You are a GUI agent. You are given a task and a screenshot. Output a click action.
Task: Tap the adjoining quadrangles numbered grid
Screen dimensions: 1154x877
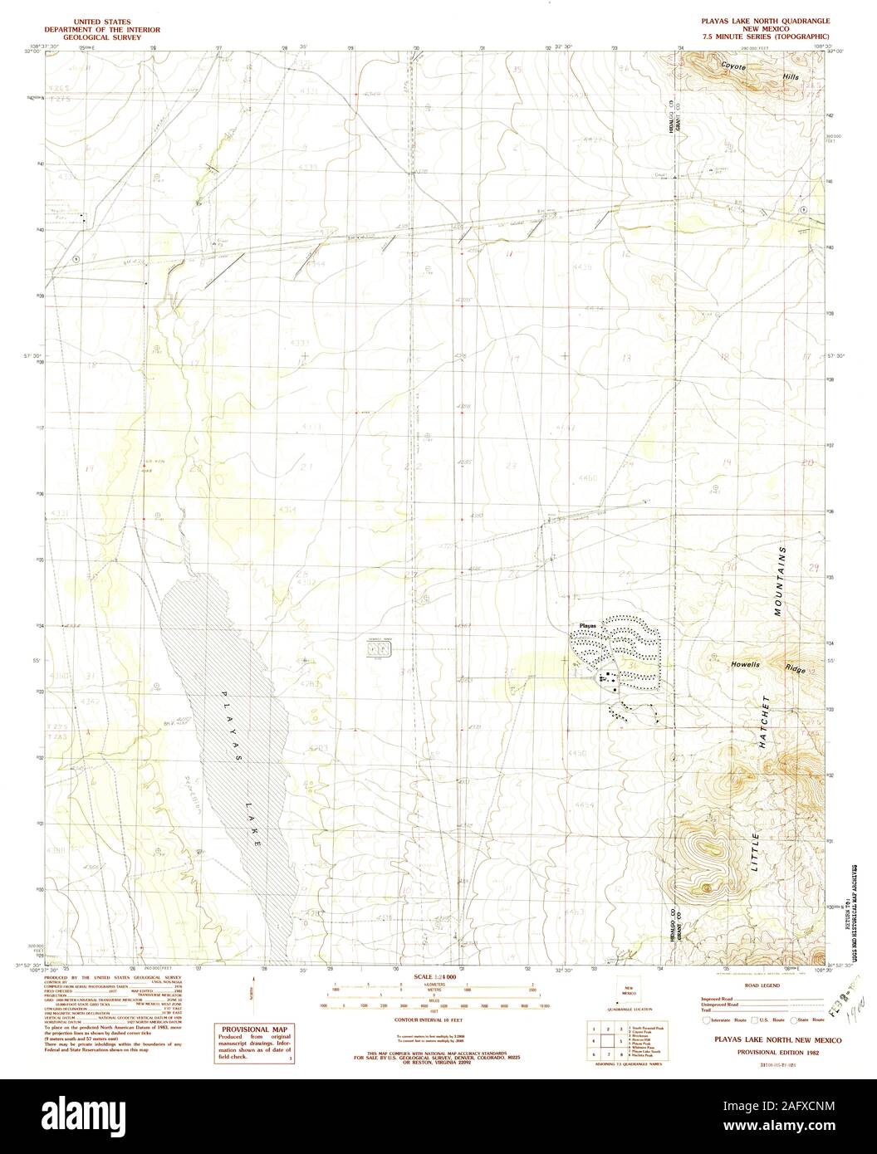(x=605, y=1043)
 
